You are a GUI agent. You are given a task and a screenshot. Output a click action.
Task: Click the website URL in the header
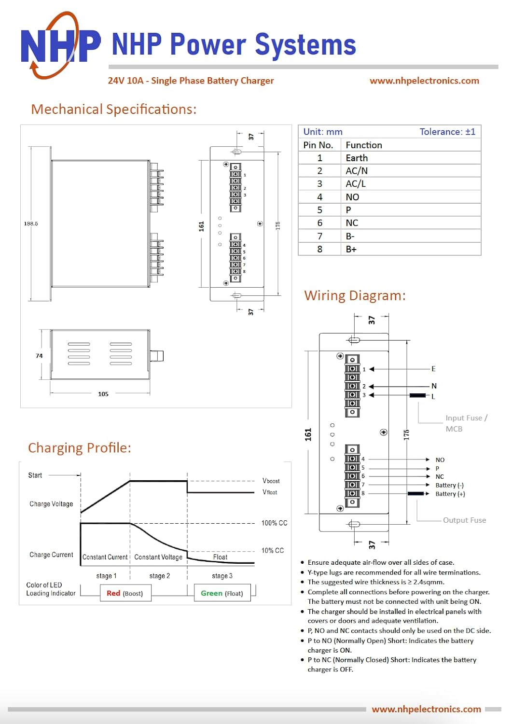point(424,81)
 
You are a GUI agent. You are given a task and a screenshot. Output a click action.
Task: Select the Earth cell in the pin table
point(357,158)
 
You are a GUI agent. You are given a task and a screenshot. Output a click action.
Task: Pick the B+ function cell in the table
point(351,249)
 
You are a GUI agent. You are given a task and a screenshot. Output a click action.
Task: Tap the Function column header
point(364,145)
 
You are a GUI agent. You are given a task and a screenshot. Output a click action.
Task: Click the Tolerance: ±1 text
point(447,132)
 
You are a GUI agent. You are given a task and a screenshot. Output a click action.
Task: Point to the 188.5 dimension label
point(31,223)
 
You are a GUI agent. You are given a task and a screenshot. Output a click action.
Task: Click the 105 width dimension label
point(103,394)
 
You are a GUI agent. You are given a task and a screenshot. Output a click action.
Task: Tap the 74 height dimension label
point(39,356)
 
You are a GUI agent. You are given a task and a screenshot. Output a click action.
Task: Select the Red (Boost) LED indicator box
point(125,593)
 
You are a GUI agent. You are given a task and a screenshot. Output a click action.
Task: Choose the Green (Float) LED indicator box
point(222,593)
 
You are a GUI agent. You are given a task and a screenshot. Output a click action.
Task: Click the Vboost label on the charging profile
point(271,481)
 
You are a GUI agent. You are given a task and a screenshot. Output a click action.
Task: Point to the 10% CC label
point(273,550)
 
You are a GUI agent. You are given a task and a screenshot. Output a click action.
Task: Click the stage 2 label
point(160,576)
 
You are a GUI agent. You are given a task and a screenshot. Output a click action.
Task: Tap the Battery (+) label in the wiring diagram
point(450,494)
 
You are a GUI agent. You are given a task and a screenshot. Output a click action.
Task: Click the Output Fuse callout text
point(464,520)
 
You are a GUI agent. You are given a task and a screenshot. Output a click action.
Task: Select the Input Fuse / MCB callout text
point(466,423)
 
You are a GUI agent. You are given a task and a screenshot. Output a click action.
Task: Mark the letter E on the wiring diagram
point(433,369)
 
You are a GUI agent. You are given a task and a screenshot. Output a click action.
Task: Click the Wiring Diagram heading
point(355,295)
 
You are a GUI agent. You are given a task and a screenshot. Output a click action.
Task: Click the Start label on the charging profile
point(35,475)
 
